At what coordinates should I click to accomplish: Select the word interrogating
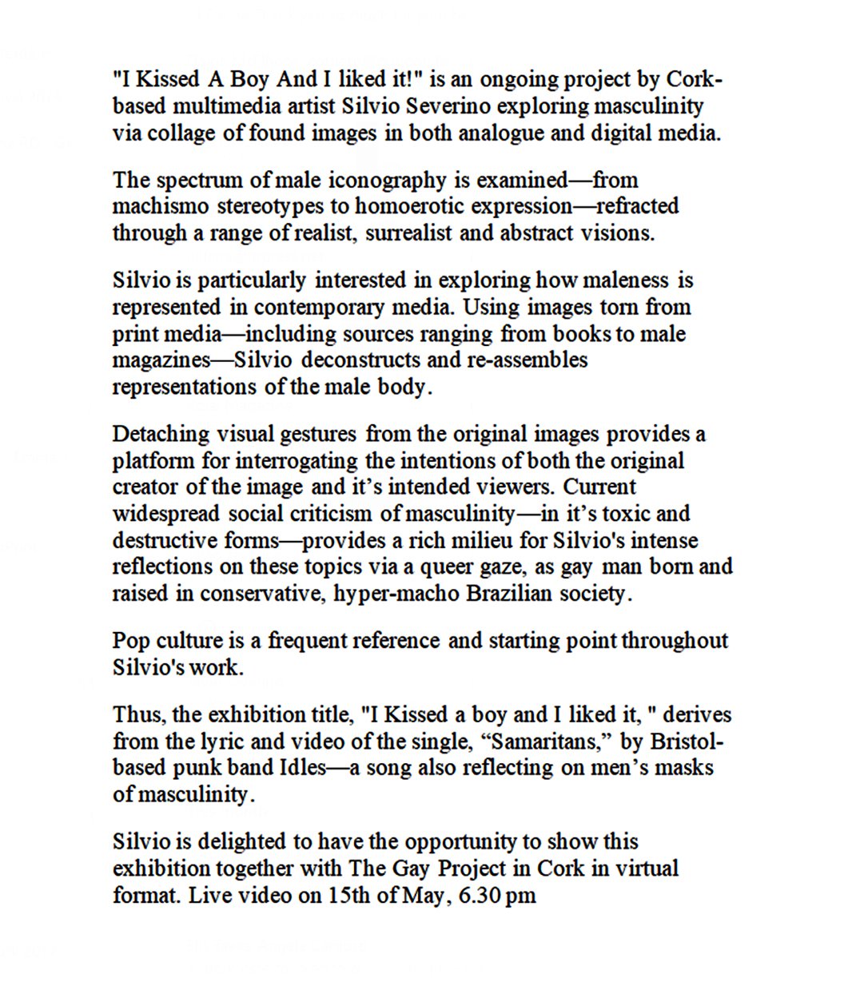tap(297, 461)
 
